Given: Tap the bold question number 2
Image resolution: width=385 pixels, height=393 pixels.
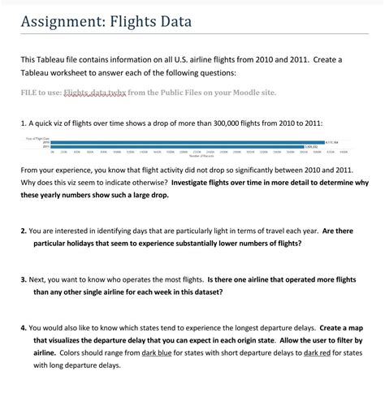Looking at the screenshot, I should point(24,231).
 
